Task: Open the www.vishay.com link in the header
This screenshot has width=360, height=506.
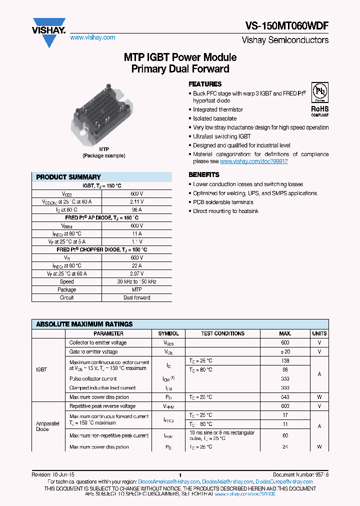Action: pos(92,37)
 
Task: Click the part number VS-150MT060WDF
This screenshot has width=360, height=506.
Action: pos(287,27)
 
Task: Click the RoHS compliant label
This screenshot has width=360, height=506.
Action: pos(320,110)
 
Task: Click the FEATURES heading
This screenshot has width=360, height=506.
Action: pos(205,84)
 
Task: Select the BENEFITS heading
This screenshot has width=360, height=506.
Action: pos(204,174)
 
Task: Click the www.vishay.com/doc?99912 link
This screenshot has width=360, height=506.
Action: pos(254,161)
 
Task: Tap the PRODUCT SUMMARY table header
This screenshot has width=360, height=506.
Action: pos(68,177)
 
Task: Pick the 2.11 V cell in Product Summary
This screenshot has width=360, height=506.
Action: pos(136,201)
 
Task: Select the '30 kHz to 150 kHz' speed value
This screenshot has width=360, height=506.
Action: pos(136,281)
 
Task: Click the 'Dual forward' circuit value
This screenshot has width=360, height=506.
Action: pos(136,297)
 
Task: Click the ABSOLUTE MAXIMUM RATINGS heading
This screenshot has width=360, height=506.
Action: pos(84,324)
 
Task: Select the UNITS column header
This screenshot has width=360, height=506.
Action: pos(319,333)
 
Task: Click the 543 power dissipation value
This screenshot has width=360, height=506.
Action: pos(285,397)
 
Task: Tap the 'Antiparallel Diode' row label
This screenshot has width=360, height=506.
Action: pos(43,426)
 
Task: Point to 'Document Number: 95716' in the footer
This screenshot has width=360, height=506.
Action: pos(300,474)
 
